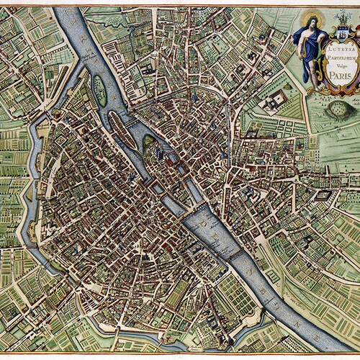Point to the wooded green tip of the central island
click(148, 141)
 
